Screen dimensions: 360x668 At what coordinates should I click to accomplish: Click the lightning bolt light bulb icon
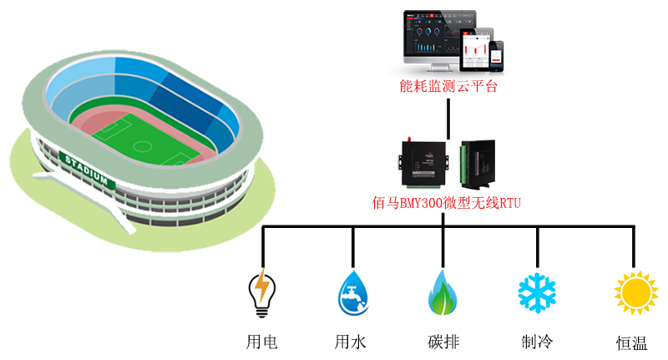262,292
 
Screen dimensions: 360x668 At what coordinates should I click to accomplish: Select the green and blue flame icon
442,292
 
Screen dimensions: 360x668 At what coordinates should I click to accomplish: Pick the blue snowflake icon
536,292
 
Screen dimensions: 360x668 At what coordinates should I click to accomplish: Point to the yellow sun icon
636,294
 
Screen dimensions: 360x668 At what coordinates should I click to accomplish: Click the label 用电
262,342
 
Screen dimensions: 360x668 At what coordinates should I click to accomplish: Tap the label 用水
351,342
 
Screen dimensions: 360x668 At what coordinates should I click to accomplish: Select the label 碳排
443,342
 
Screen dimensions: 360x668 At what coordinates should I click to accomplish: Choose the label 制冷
537,342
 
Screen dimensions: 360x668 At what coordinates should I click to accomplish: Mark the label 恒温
632,342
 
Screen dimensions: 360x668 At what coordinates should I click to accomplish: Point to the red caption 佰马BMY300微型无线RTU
447,203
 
